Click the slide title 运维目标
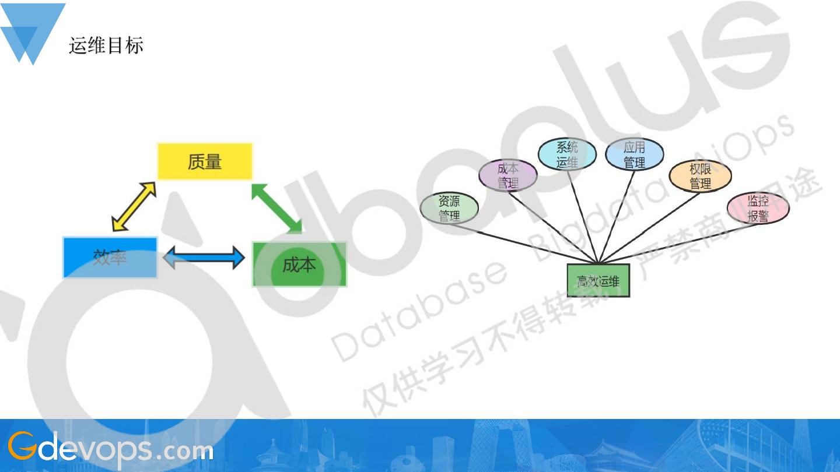106,45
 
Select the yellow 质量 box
205,161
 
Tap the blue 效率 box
110,257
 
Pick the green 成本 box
299,265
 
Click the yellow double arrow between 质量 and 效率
134,206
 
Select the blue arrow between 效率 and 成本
204,257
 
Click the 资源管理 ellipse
449,208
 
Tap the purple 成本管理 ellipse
508,175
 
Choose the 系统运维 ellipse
566,154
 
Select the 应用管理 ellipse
634,154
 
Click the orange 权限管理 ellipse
700,176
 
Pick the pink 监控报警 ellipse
758,208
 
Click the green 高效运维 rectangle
598,281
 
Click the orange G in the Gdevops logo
20,446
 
